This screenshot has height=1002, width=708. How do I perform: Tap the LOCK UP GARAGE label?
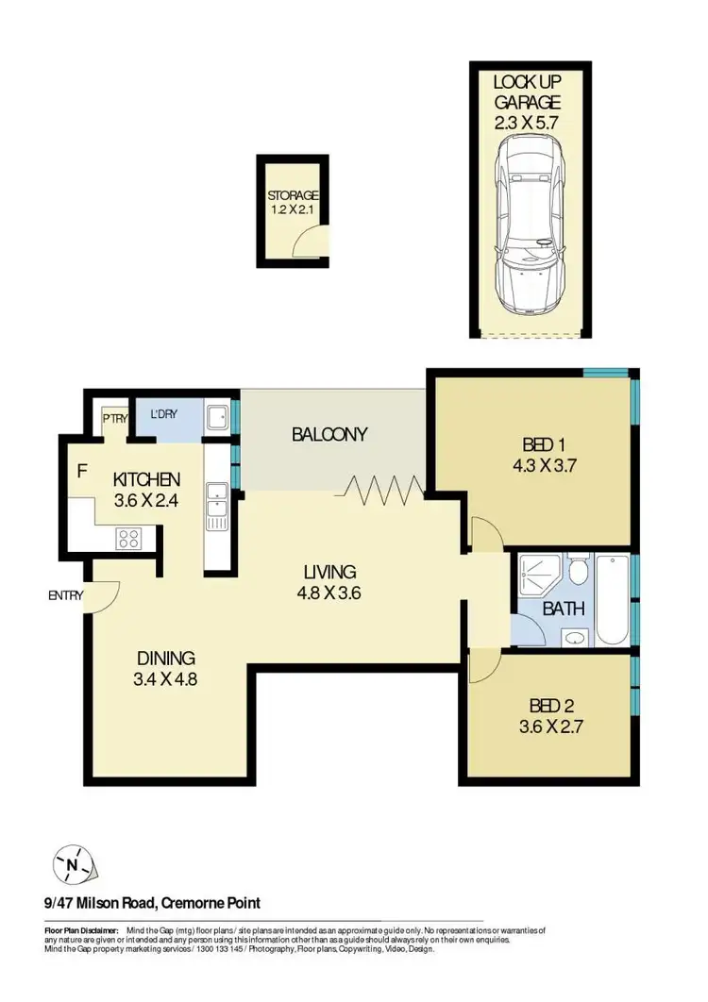coord(528,92)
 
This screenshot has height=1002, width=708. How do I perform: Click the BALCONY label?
coord(329,435)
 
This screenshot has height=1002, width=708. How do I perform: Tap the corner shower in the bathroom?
coord(541,572)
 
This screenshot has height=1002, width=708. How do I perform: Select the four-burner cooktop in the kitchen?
coord(127,539)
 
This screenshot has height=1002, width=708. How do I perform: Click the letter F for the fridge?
coord(81,470)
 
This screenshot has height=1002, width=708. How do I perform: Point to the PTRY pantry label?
coord(115,417)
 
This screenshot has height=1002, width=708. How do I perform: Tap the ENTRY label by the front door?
coord(66,595)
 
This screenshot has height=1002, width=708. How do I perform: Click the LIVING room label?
coord(329,572)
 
